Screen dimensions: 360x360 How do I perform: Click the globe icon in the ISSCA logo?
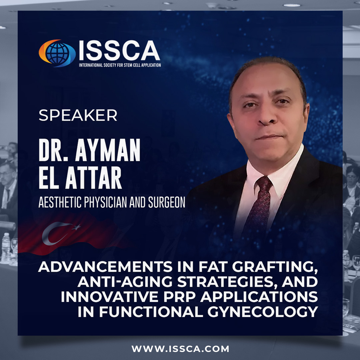57,53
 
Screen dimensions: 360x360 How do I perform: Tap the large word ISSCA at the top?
119,51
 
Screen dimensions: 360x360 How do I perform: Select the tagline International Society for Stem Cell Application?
120,65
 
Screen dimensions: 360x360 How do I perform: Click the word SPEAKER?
78,115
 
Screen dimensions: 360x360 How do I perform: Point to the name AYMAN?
108,150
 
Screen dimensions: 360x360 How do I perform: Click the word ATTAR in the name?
93,177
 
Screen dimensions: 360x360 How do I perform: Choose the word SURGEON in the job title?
167,202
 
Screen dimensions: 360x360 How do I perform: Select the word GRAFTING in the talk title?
275,267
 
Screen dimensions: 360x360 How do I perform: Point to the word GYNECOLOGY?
263,312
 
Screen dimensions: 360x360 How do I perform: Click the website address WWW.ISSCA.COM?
180,349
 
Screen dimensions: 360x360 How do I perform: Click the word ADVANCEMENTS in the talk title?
105,267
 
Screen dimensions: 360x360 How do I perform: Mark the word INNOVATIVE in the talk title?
110,297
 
